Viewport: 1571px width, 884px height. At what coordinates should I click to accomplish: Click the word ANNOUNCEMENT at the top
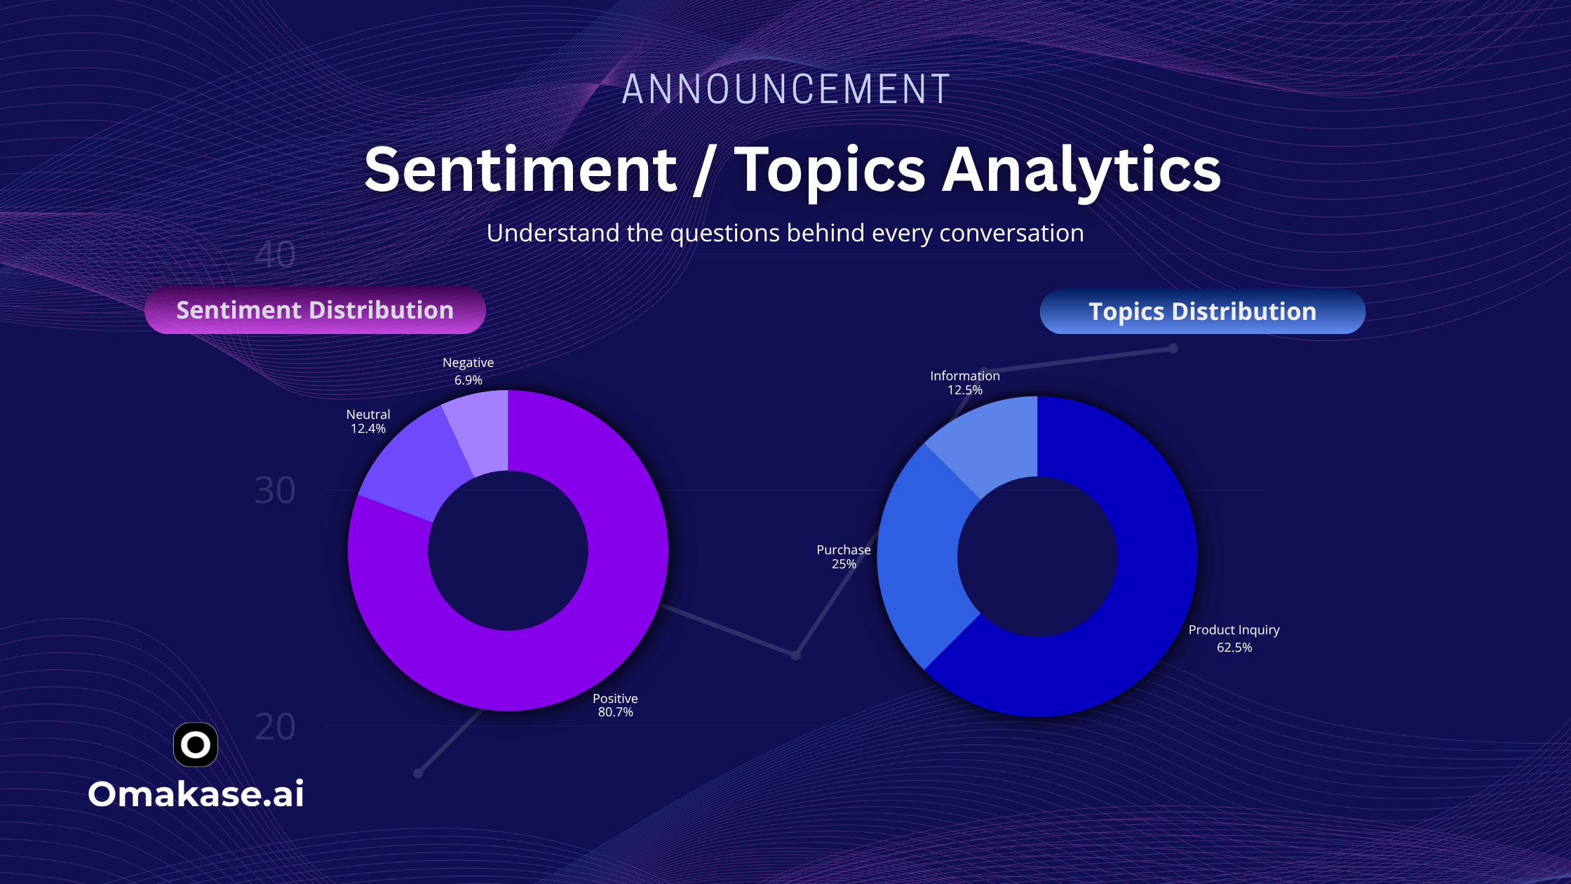pyautogui.click(x=785, y=89)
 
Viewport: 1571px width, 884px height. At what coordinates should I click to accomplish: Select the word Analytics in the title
pyautogui.click(x=1081, y=170)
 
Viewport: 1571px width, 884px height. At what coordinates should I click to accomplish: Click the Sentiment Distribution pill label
pyautogui.click(x=315, y=310)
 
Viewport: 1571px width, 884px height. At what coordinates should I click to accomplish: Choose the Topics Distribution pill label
pyautogui.click(x=1202, y=312)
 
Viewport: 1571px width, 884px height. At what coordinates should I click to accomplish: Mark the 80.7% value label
pyautogui.click(x=615, y=712)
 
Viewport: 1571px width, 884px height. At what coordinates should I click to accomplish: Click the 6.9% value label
pyautogui.click(x=468, y=380)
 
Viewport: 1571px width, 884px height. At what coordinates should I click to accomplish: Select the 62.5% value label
pyautogui.click(x=1234, y=648)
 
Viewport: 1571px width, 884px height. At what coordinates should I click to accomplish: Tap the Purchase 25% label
pyautogui.click(x=844, y=557)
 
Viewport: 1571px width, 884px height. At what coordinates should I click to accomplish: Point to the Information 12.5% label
pyautogui.click(x=965, y=383)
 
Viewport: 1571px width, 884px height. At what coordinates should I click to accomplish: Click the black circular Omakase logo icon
pyautogui.click(x=196, y=744)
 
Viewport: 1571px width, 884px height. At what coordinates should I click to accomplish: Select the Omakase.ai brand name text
pyautogui.click(x=196, y=794)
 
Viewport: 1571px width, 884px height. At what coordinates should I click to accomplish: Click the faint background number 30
pyautogui.click(x=275, y=490)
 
